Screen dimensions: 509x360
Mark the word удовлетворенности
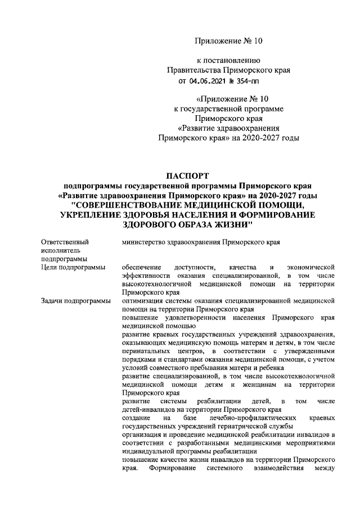[196, 317]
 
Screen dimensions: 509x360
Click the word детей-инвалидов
[147, 409]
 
